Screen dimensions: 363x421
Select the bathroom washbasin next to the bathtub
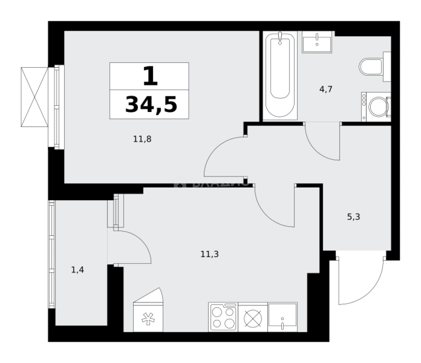317,42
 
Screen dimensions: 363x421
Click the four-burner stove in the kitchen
223,317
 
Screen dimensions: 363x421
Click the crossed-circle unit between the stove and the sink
253,317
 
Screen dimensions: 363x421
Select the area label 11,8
142,139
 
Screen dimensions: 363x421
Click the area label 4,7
326,90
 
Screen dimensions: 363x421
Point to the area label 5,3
353,217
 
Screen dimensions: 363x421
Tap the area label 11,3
209,254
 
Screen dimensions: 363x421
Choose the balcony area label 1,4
77,270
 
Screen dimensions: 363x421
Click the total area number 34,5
151,105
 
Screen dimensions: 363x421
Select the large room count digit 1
150,76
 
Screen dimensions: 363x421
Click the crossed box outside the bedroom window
34,96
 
